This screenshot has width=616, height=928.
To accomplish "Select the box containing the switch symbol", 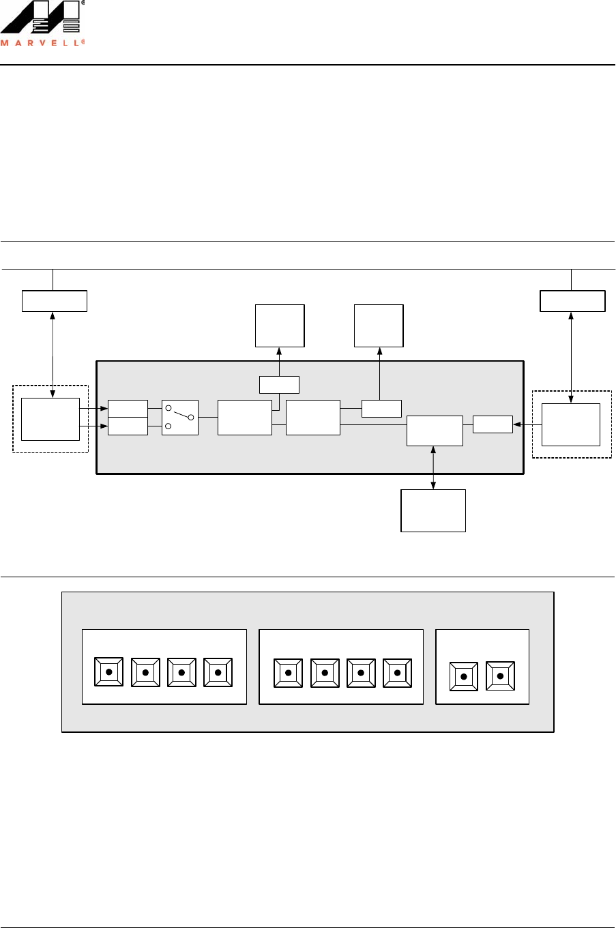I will tap(180, 418).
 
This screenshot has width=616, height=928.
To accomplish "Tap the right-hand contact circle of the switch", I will tap(191, 417).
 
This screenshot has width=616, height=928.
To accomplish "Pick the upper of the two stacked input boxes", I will tap(128, 409).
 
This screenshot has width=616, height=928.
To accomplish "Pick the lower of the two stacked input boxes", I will tap(128, 426).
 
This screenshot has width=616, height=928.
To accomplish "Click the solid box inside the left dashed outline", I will tap(50, 419).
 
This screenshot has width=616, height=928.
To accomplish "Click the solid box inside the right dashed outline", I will tap(571, 424).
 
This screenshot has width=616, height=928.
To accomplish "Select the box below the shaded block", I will tap(433, 510).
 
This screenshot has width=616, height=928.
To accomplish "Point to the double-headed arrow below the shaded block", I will tap(433, 467).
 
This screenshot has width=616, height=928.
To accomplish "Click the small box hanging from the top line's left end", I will tap(55, 301).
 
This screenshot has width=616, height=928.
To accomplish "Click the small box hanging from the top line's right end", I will tap(572, 301).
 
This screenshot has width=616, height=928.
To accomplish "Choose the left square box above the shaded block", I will tap(280, 325).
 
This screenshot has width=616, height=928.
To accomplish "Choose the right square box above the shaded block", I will tap(379, 325).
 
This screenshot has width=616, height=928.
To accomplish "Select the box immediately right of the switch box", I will tap(244, 418).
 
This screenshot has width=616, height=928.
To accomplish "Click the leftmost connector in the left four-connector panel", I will tap(108, 672).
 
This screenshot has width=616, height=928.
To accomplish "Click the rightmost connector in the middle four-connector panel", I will tap(398, 673).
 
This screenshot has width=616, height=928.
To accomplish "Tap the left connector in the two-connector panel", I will tap(464, 676).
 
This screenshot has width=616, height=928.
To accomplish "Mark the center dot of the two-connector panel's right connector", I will tap(501, 676).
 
